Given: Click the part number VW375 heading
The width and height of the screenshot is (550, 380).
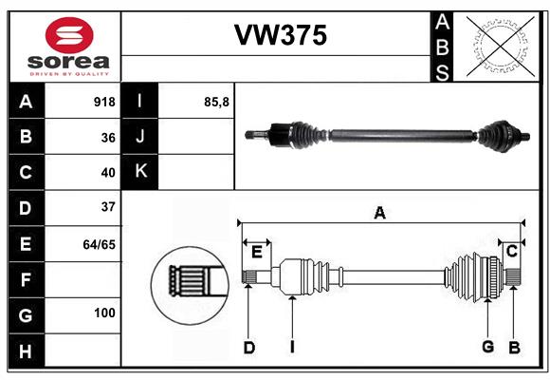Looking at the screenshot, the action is point(281,35).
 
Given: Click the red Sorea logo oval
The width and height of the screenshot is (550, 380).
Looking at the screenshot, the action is point(69,35).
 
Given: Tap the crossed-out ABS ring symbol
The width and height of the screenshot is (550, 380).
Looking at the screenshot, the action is point(501,46).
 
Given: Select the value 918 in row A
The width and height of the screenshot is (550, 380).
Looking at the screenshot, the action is point(104,102).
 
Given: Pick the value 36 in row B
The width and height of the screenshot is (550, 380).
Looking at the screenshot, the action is point(108,138).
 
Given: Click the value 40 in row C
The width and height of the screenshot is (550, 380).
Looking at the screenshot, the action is point(108,173).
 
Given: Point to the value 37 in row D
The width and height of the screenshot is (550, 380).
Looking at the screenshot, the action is point(108,207).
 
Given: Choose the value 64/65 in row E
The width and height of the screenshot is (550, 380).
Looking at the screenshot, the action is point(100,244).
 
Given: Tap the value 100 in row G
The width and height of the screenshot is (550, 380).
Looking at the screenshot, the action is point(104,313).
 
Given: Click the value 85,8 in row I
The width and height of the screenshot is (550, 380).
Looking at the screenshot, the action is point(216,103).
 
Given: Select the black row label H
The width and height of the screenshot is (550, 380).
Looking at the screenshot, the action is point(26,351).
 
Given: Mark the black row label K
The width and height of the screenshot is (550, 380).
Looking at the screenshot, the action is point(140,172).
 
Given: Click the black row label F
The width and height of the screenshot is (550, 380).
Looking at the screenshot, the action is point(26,280).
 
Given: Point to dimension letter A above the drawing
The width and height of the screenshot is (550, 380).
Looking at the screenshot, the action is point(380,213).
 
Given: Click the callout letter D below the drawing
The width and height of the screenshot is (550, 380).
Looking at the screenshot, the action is point(249,348).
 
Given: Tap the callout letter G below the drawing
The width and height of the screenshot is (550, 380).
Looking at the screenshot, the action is point(488,347).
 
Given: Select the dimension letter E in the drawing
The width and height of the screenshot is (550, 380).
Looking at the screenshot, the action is point(257,252).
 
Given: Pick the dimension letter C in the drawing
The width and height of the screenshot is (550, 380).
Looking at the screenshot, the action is point(512,251).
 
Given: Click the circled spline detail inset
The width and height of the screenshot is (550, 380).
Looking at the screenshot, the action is point(190,285).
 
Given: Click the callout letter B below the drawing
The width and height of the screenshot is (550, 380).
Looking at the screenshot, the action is point(514,348).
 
